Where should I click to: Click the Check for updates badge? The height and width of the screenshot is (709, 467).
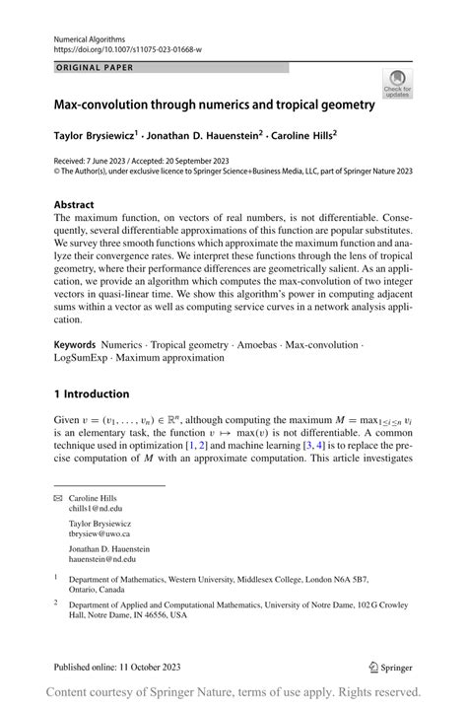(x=399, y=84)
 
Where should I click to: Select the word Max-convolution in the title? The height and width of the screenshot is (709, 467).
(x=104, y=104)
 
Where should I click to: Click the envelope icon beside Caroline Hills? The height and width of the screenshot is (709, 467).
(x=57, y=499)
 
